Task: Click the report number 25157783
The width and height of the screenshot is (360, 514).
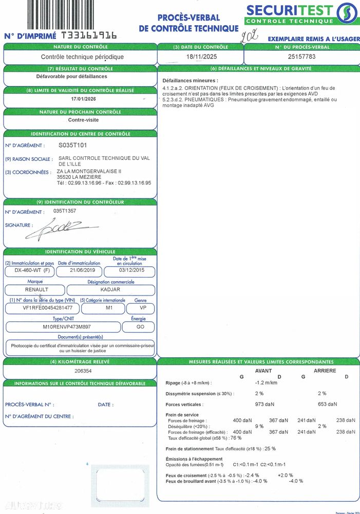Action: (x=301, y=57)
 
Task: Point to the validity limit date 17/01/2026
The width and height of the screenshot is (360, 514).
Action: (x=84, y=99)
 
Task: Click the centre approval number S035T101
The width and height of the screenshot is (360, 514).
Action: (x=76, y=145)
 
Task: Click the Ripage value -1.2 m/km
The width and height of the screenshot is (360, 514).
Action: (x=266, y=382)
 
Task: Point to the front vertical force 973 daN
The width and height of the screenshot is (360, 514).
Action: (x=264, y=404)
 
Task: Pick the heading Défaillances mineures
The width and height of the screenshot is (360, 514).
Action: (x=190, y=81)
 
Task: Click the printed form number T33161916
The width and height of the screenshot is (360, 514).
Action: (x=89, y=35)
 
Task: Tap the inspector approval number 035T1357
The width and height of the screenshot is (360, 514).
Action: (x=65, y=211)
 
